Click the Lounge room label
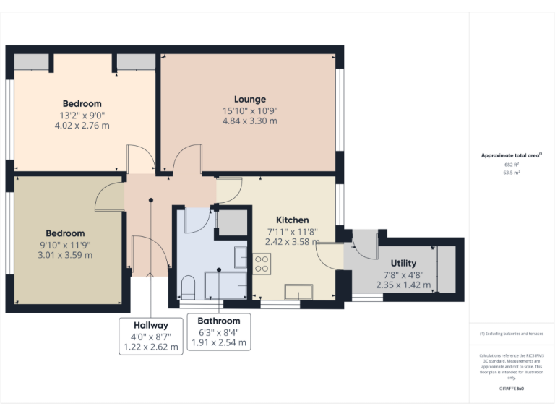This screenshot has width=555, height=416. (249, 99)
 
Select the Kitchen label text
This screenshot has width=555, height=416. (292, 220)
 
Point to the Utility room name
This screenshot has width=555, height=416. (403, 263)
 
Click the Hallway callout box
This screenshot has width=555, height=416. (150, 336)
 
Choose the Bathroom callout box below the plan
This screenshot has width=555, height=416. (219, 331)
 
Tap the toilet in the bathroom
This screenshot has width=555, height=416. (187, 288)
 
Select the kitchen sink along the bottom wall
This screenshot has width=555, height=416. (298, 292)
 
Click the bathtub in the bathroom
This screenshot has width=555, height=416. (225, 285)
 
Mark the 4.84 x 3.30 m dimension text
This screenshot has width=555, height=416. (249, 121)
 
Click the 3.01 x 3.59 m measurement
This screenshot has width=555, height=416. (65, 255)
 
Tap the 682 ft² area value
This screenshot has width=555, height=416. (511, 164)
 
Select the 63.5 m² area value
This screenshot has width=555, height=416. (511, 173)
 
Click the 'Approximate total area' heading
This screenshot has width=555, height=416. (510, 155)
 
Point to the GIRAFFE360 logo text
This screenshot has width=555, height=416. (511, 389)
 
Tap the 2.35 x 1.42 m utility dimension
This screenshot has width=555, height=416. (403, 285)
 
